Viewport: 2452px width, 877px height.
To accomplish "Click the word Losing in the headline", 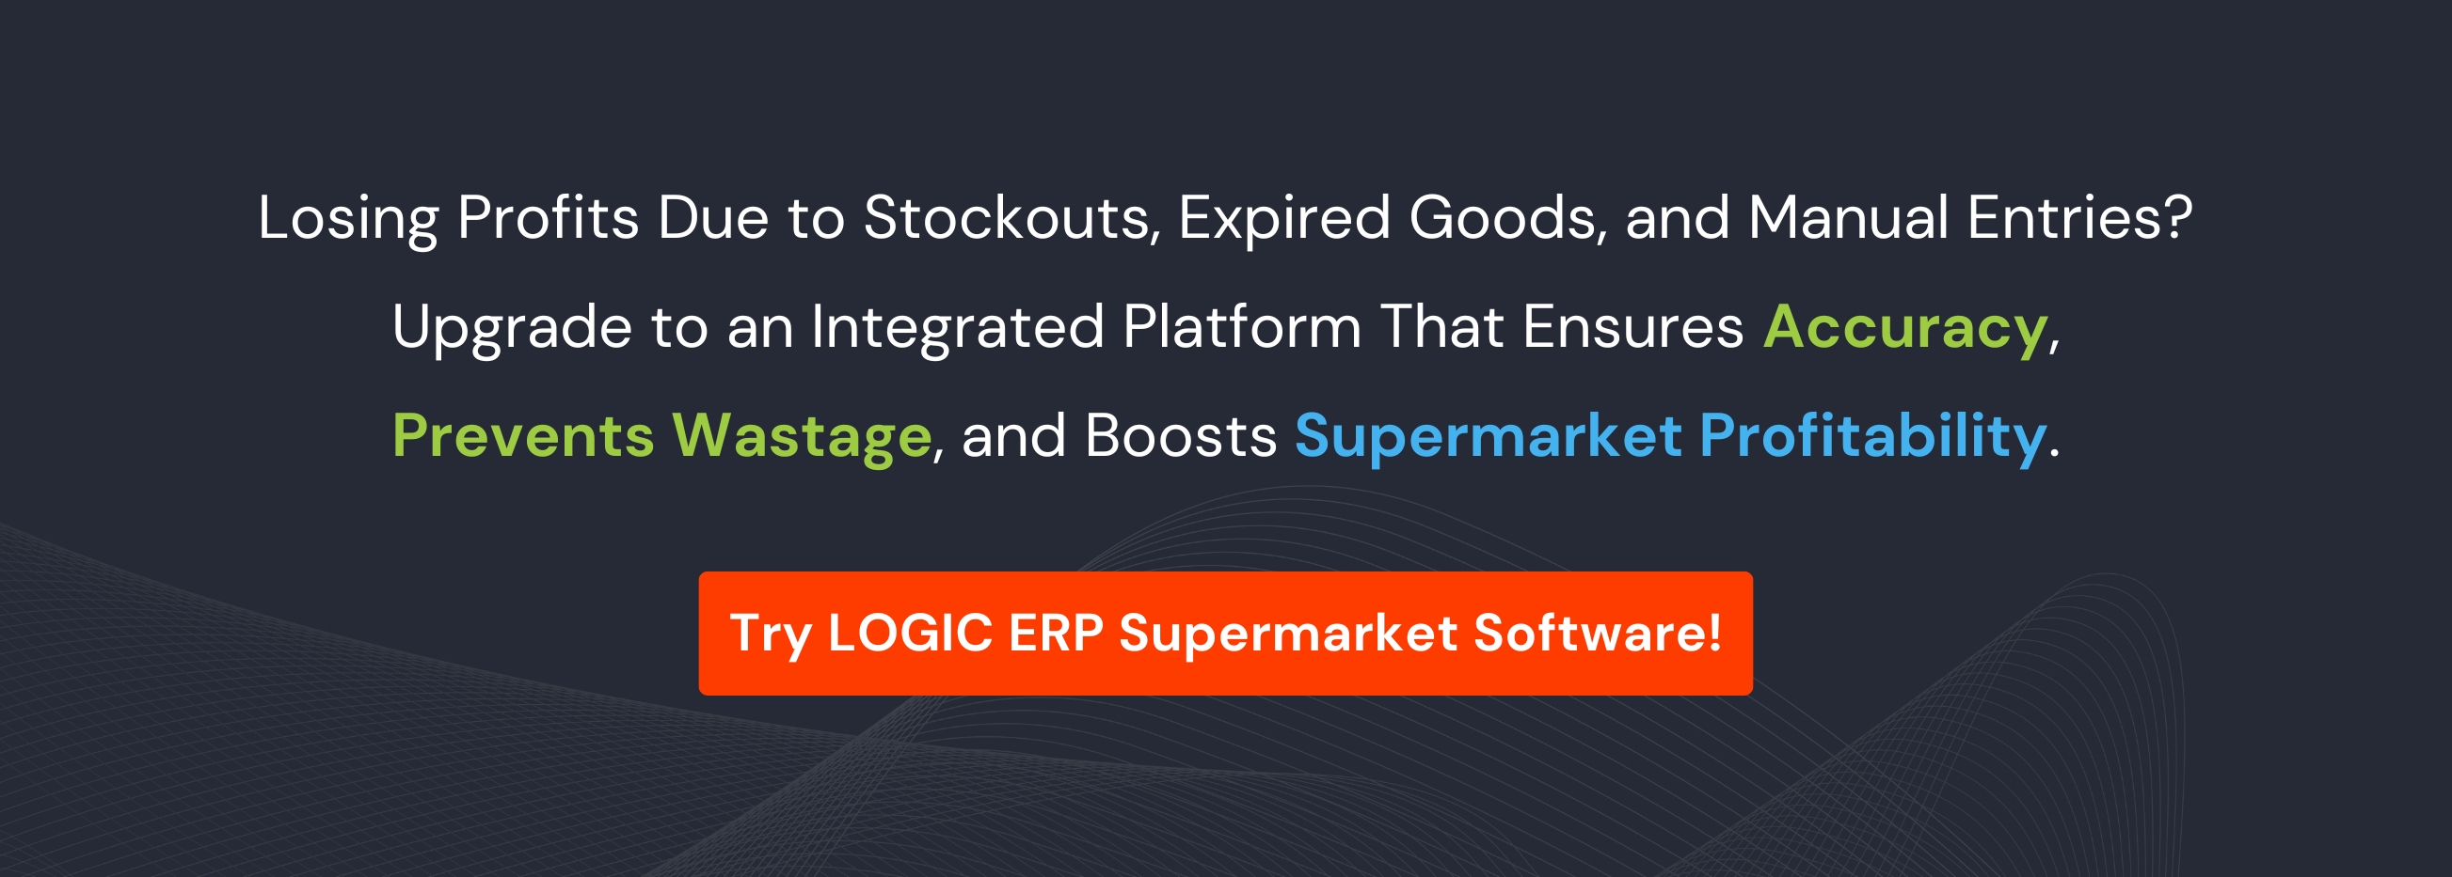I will tap(347, 219).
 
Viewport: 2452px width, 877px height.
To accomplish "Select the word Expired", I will tap(1284, 219).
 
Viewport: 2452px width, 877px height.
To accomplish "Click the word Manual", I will tap(1848, 219).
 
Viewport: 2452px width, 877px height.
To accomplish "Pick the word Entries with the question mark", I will tap(2078, 219).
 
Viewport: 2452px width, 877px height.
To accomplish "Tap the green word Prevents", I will tap(522, 436).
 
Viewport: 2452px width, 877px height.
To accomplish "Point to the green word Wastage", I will tap(802, 436).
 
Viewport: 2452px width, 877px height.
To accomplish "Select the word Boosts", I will tap(1180, 436).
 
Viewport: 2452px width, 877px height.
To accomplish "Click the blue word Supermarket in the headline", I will tap(1488, 436).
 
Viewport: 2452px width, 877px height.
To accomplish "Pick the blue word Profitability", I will tap(1872, 436).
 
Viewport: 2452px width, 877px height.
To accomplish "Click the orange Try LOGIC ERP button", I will tap(1225, 634).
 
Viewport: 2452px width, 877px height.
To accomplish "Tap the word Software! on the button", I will tap(1598, 634).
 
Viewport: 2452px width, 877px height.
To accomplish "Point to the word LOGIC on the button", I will tap(910, 634).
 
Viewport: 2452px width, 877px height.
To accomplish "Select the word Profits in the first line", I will tap(548, 219).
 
